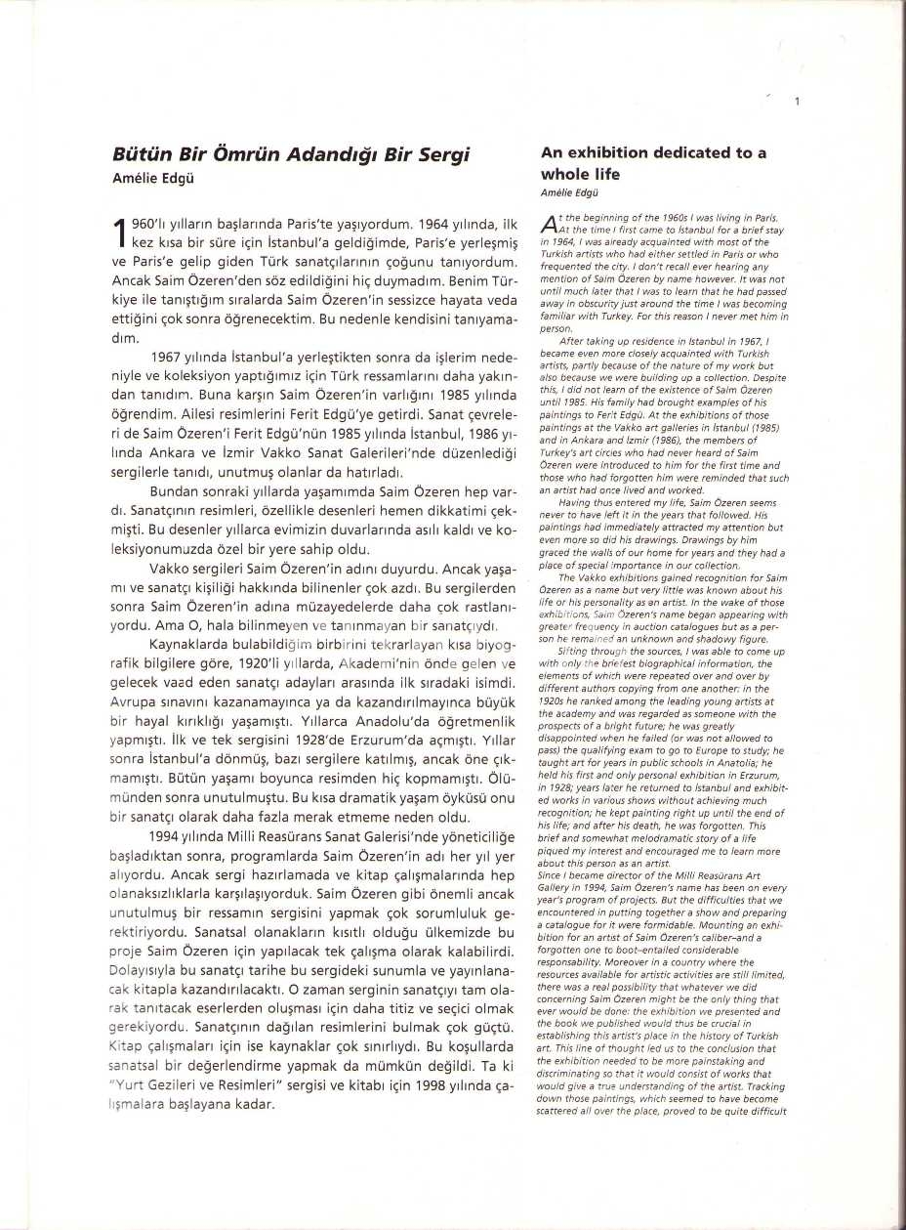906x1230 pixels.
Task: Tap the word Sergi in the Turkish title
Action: (x=443, y=154)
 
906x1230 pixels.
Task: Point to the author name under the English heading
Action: (x=569, y=193)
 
